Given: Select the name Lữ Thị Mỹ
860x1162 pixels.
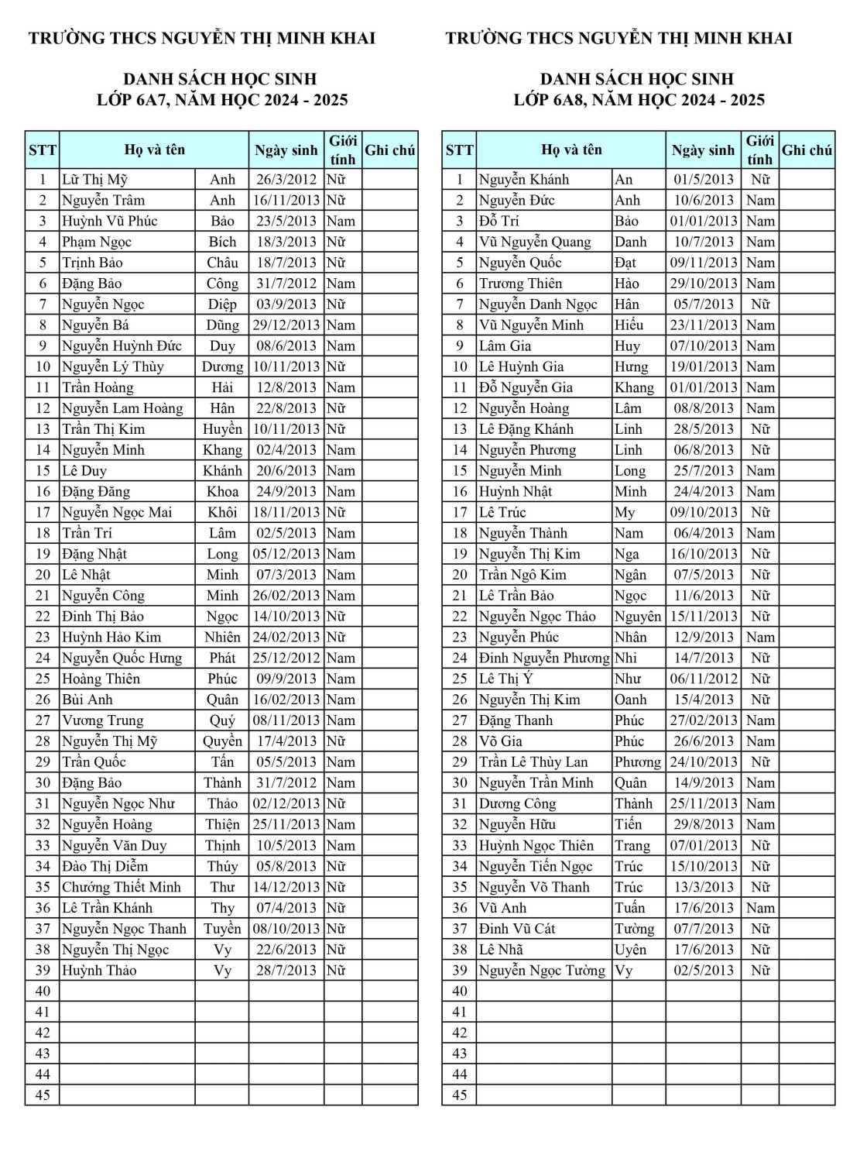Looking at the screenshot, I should click(x=94, y=180).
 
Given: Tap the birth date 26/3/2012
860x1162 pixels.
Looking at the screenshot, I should click(x=286, y=180).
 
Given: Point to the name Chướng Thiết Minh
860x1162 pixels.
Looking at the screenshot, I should click(x=121, y=888).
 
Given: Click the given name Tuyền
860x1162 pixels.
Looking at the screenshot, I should click(x=222, y=929).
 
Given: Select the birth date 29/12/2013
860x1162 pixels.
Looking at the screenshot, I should click(x=286, y=325).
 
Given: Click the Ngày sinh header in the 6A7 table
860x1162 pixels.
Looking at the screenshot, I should click(x=286, y=150).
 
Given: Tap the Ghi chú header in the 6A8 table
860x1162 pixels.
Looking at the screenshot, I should click(x=807, y=150).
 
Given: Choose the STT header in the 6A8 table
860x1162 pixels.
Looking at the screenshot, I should click(x=459, y=150).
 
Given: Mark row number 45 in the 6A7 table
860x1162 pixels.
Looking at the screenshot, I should click(x=43, y=1095).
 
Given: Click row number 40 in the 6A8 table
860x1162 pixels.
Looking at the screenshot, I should click(x=460, y=992).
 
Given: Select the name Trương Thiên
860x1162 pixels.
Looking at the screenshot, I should click(x=520, y=284).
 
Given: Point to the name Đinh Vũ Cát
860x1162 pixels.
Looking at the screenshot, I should click(x=516, y=929).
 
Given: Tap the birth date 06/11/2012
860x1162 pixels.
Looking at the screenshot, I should click(x=704, y=679).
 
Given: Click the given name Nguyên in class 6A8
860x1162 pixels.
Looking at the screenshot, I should click(x=638, y=617).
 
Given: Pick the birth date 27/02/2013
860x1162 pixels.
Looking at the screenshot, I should click(x=704, y=720).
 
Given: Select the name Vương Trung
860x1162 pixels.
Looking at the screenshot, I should click(x=102, y=720).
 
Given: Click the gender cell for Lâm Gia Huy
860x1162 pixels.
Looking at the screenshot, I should click(x=760, y=346).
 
